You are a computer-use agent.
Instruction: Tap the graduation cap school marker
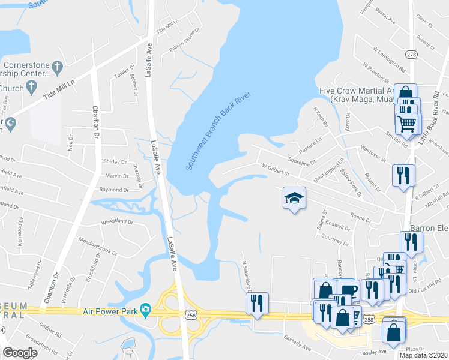[295, 198]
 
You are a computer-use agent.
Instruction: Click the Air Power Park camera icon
[145, 310]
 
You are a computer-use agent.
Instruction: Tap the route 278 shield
[411, 55]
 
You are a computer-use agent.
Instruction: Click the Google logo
[20, 353]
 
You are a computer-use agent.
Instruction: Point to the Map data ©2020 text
[423, 355]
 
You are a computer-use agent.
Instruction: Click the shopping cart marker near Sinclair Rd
[408, 124]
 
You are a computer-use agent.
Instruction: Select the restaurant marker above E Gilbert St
[403, 175]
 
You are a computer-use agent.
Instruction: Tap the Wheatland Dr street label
[117, 221]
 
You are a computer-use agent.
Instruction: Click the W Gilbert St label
[276, 170]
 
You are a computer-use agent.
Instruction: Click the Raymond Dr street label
[114, 190]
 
